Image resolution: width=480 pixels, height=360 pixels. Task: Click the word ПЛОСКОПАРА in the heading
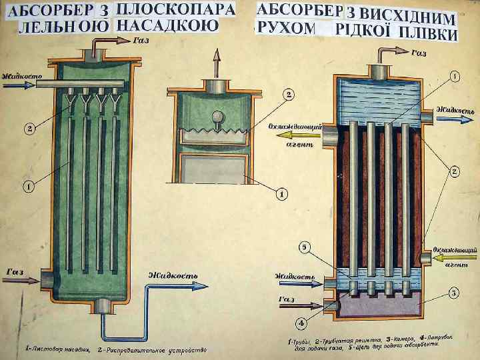pyautogui.click(x=176, y=10)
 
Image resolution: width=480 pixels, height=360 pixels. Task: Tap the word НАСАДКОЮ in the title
pyautogui.click(x=167, y=26)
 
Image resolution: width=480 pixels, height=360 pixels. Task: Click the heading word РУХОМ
pyautogui.click(x=285, y=27)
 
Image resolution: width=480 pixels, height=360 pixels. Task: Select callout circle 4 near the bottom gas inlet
pyautogui.click(x=301, y=323)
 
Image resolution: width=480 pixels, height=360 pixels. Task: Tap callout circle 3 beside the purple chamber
pyautogui.click(x=453, y=293)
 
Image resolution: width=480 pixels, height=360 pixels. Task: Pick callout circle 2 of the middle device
pyautogui.click(x=289, y=95)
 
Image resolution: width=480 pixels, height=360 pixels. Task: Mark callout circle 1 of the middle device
pyautogui.click(x=282, y=194)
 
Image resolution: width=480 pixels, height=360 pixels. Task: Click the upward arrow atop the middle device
pyautogui.click(x=215, y=64)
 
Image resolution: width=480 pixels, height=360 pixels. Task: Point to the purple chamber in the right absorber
pyautogui.click(x=380, y=305)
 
